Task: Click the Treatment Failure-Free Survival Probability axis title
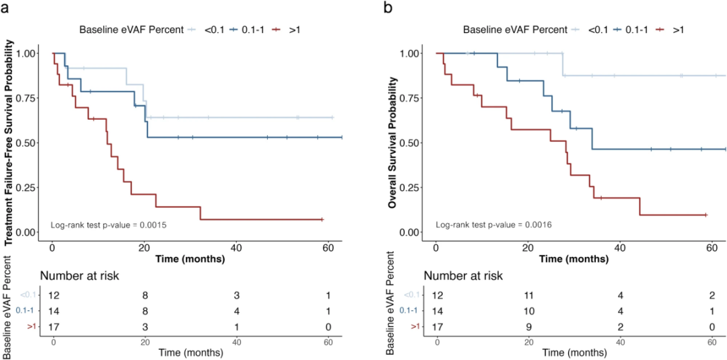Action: pos(10,143)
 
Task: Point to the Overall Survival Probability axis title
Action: pos(393,143)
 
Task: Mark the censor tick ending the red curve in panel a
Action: pos(322,219)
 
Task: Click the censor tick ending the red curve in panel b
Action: pos(705,215)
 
